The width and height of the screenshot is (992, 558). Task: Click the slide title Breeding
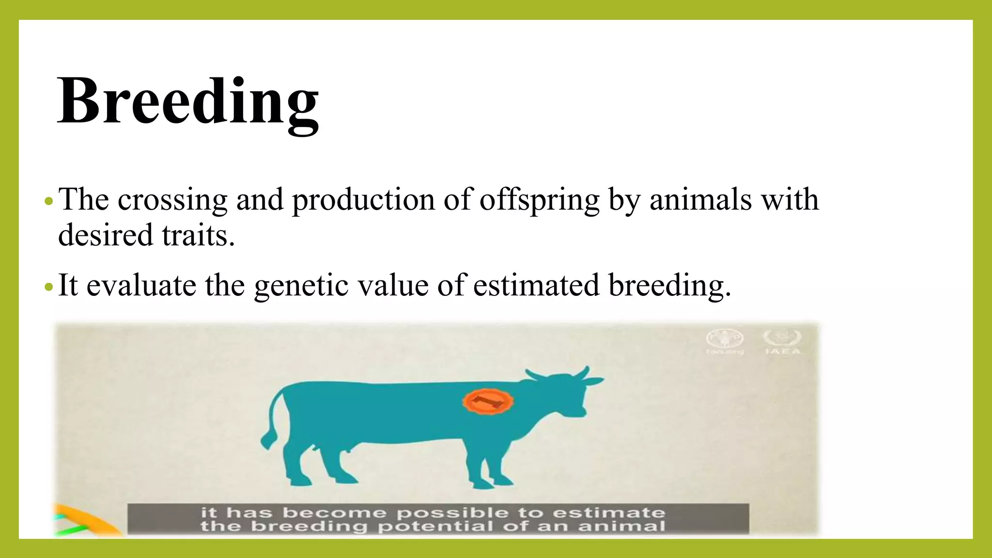point(188,102)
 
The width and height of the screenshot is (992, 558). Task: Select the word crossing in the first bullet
point(172,200)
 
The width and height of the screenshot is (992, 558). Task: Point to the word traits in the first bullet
point(198,235)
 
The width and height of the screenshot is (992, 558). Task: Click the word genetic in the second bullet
point(301,285)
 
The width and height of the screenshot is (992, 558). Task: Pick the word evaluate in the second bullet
point(141,285)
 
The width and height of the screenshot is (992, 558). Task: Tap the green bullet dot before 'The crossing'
point(47,201)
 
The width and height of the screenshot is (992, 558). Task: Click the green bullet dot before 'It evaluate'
point(47,287)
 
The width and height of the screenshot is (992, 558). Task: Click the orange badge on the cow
point(487,401)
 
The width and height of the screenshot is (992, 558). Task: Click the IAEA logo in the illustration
point(782,341)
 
